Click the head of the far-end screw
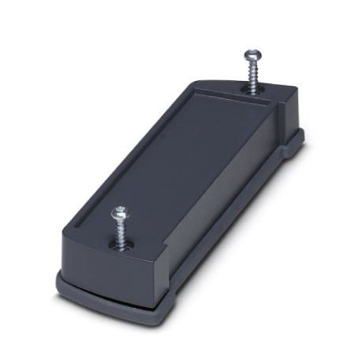[x=252, y=54]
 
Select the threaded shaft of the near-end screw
[x=122, y=231]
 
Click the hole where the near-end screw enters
[x=123, y=244]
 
